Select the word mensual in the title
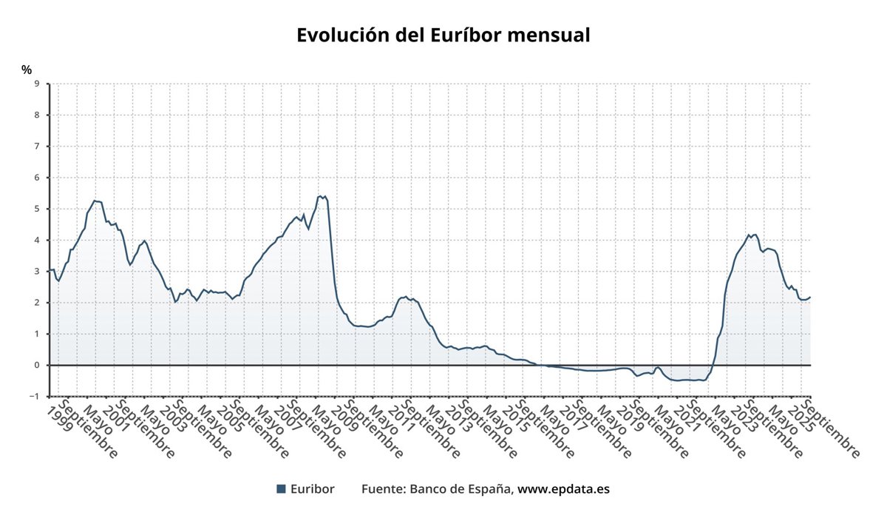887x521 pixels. point(551,35)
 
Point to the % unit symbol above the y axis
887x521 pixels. point(27,70)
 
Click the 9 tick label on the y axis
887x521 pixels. point(36,84)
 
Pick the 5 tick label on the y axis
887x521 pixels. point(36,209)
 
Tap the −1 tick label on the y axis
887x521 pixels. point(34,397)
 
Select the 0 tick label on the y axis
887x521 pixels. point(36,365)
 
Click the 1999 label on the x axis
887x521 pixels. point(60,418)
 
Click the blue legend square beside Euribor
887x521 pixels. point(281,488)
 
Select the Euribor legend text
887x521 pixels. point(312,488)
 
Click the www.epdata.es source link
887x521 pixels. point(563,488)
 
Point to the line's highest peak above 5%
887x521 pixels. point(320,196)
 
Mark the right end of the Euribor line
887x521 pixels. point(810,298)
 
